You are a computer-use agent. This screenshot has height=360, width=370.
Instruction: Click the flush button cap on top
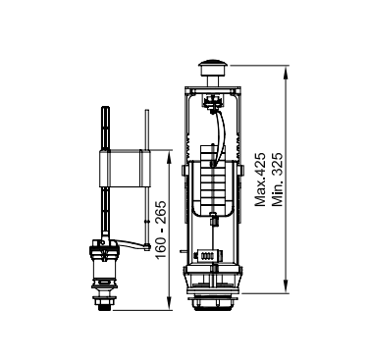coord(213,67)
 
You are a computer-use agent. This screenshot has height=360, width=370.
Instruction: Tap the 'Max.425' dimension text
coord(261,180)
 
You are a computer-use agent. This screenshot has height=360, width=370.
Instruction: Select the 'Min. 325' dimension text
coord(277,180)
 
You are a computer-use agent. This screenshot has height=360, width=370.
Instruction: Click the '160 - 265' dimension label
coord(161,230)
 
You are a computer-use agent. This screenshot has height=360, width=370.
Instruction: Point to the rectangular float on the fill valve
coord(125,169)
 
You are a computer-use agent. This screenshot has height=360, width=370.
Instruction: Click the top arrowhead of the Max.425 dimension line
coord(286,71)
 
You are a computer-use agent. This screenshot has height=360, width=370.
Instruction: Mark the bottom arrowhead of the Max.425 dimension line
coord(286,286)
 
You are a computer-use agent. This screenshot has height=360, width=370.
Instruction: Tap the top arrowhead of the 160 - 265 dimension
coord(169,155)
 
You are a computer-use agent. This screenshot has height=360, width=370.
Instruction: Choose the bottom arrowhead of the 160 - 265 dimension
coord(169,304)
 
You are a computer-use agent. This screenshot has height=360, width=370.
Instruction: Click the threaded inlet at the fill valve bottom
coord(104,303)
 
